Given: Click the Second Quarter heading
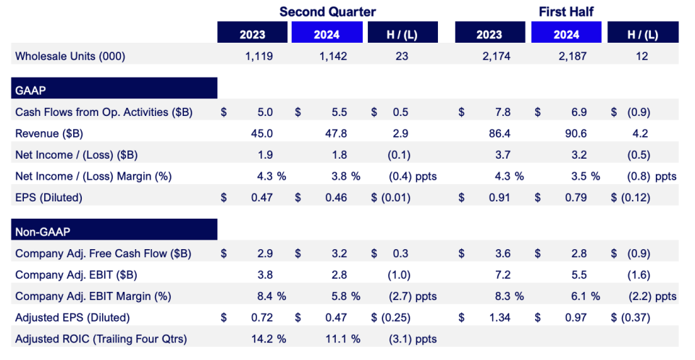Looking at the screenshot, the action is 327,12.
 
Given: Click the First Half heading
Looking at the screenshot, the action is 566,12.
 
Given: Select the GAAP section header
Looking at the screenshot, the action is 114,88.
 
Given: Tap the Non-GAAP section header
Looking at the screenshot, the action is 114,229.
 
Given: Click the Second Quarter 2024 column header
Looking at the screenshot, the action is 327,33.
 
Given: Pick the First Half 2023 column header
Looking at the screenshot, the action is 490,33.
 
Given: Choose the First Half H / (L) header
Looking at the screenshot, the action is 643,33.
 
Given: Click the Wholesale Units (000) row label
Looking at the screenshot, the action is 70,56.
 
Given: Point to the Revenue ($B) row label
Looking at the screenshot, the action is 49,133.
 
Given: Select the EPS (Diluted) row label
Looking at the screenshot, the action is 49,197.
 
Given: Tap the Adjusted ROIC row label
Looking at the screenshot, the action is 101,339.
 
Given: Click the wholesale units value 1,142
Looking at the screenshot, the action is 333,56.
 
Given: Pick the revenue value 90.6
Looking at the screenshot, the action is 576,133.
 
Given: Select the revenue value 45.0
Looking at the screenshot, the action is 262,133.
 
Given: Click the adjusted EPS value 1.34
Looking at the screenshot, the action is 500,317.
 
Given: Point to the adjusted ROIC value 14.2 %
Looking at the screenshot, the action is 269,339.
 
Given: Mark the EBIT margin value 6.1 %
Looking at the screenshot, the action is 586,296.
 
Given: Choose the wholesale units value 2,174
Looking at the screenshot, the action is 497,56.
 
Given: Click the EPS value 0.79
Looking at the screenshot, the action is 576,197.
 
